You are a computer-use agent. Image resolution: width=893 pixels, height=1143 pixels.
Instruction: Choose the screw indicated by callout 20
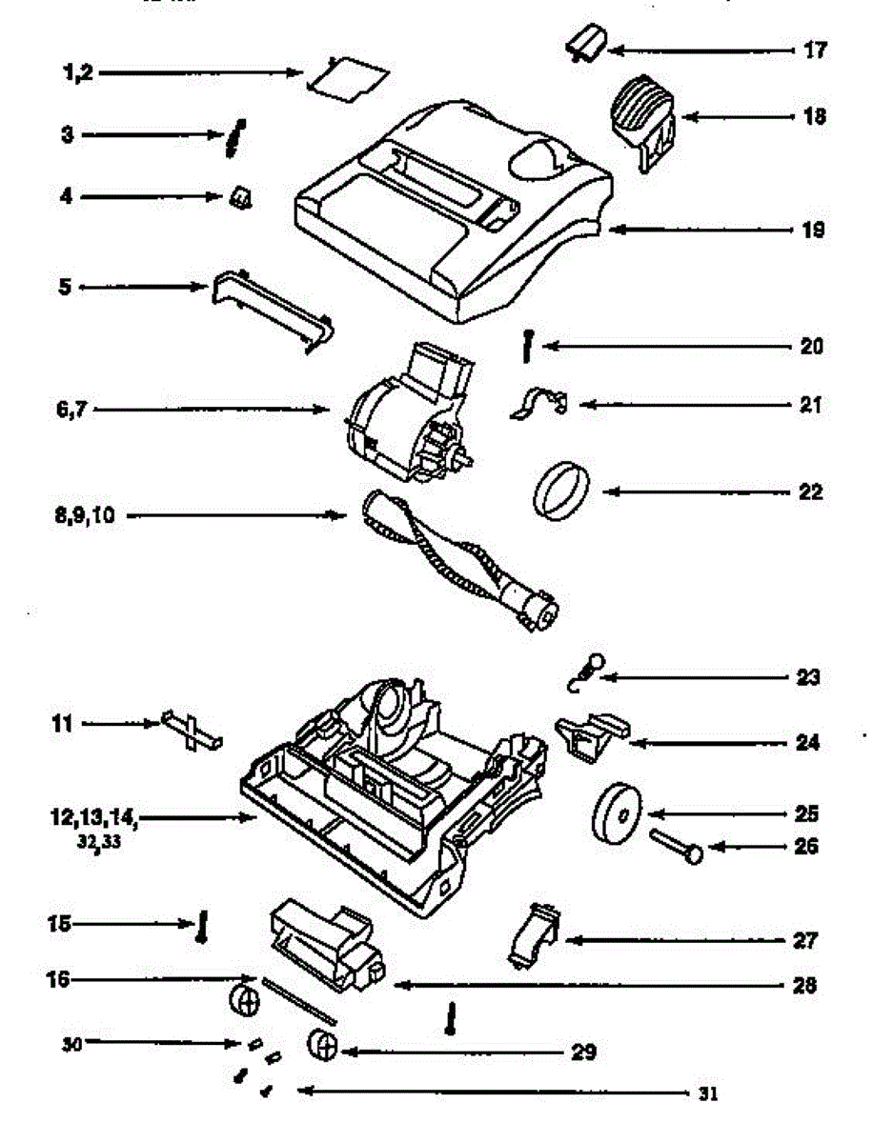click(525, 343)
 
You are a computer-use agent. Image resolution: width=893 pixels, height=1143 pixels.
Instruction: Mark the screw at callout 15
click(202, 925)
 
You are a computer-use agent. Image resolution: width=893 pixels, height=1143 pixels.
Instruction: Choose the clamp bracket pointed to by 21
click(538, 403)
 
